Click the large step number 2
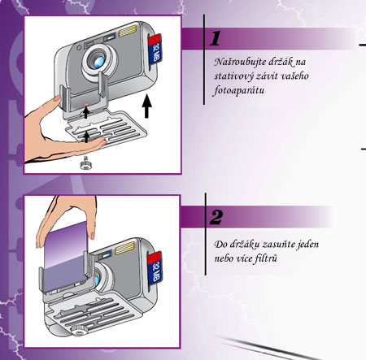pyautogui.click(x=216, y=217)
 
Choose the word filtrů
pyautogui.click(x=265, y=257)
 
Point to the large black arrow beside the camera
pyautogui.click(x=147, y=106)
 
